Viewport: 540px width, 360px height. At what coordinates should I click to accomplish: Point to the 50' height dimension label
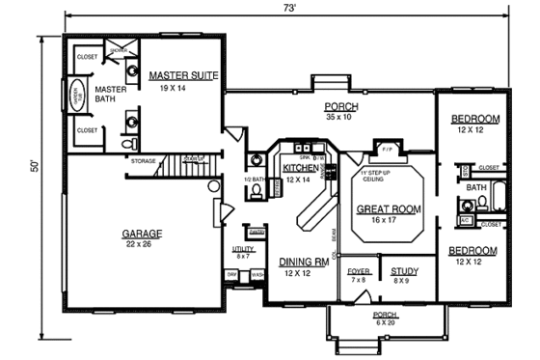(x=35, y=166)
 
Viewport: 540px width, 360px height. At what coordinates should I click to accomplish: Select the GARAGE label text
(x=142, y=234)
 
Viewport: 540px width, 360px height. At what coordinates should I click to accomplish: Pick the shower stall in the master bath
(x=119, y=56)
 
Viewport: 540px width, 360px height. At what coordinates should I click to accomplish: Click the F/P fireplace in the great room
(x=387, y=151)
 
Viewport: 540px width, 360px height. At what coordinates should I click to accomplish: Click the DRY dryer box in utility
(x=232, y=275)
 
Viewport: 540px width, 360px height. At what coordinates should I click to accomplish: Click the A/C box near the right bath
(x=465, y=219)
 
